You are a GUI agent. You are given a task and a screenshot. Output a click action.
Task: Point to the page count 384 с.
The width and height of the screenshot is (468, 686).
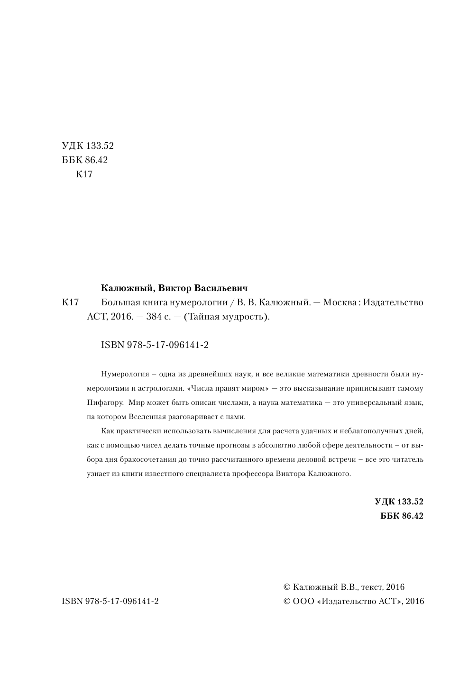(x=160, y=317)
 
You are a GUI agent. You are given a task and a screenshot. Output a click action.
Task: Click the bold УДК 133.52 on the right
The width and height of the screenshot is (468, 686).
(x=398, y=501)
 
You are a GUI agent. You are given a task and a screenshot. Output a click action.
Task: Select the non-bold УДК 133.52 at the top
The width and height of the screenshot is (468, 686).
(x=88, y=146)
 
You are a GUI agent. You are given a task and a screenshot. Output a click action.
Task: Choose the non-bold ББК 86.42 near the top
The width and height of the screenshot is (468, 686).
(x=85, y=160)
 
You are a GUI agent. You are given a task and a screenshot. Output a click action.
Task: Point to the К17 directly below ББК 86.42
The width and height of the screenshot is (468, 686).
(x=84, y=174)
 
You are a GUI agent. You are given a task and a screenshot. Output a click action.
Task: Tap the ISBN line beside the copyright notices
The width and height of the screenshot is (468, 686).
(x=110, y=601)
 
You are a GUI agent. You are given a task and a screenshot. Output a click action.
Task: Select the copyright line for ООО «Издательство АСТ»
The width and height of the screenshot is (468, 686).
(x=353, y=601)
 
